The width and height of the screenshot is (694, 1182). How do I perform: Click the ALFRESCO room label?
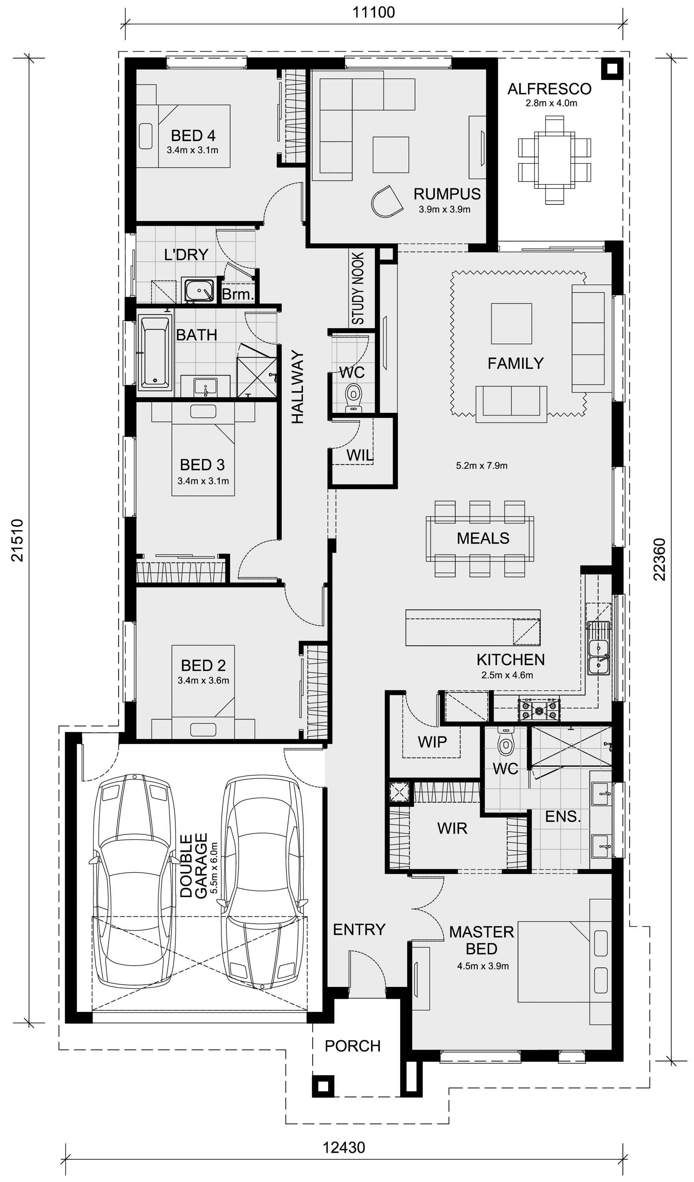[x=549, y=89]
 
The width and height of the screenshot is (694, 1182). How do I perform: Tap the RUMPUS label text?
[x=447, y=194]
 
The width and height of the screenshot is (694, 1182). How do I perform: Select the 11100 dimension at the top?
[x=373, y=12]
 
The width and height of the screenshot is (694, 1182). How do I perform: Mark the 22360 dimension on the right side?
[x=659, y=559]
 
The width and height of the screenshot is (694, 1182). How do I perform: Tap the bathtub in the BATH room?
[x=154, y=352]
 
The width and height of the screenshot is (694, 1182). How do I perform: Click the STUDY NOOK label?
[x=358, y=288]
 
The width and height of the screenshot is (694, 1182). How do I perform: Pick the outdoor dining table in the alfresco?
[x=554, y=160]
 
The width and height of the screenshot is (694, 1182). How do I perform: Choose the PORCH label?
[x=353, y=1046]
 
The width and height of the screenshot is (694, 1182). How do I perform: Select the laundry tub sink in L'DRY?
[x=199, y=290]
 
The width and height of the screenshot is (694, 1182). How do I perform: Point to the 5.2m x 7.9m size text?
[x=482, y=466]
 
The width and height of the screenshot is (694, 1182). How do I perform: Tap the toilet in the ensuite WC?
[x=505, y=740]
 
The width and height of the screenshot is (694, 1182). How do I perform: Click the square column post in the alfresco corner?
[x=612, y=69]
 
